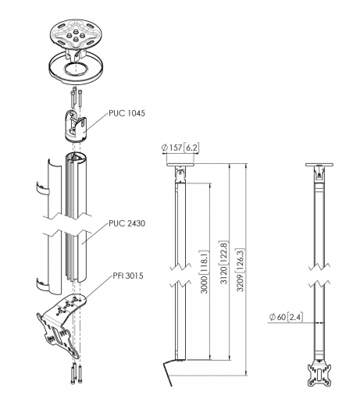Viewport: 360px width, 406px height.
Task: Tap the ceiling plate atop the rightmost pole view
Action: (319, 168)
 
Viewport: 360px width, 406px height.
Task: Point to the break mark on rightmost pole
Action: (318, 285)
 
